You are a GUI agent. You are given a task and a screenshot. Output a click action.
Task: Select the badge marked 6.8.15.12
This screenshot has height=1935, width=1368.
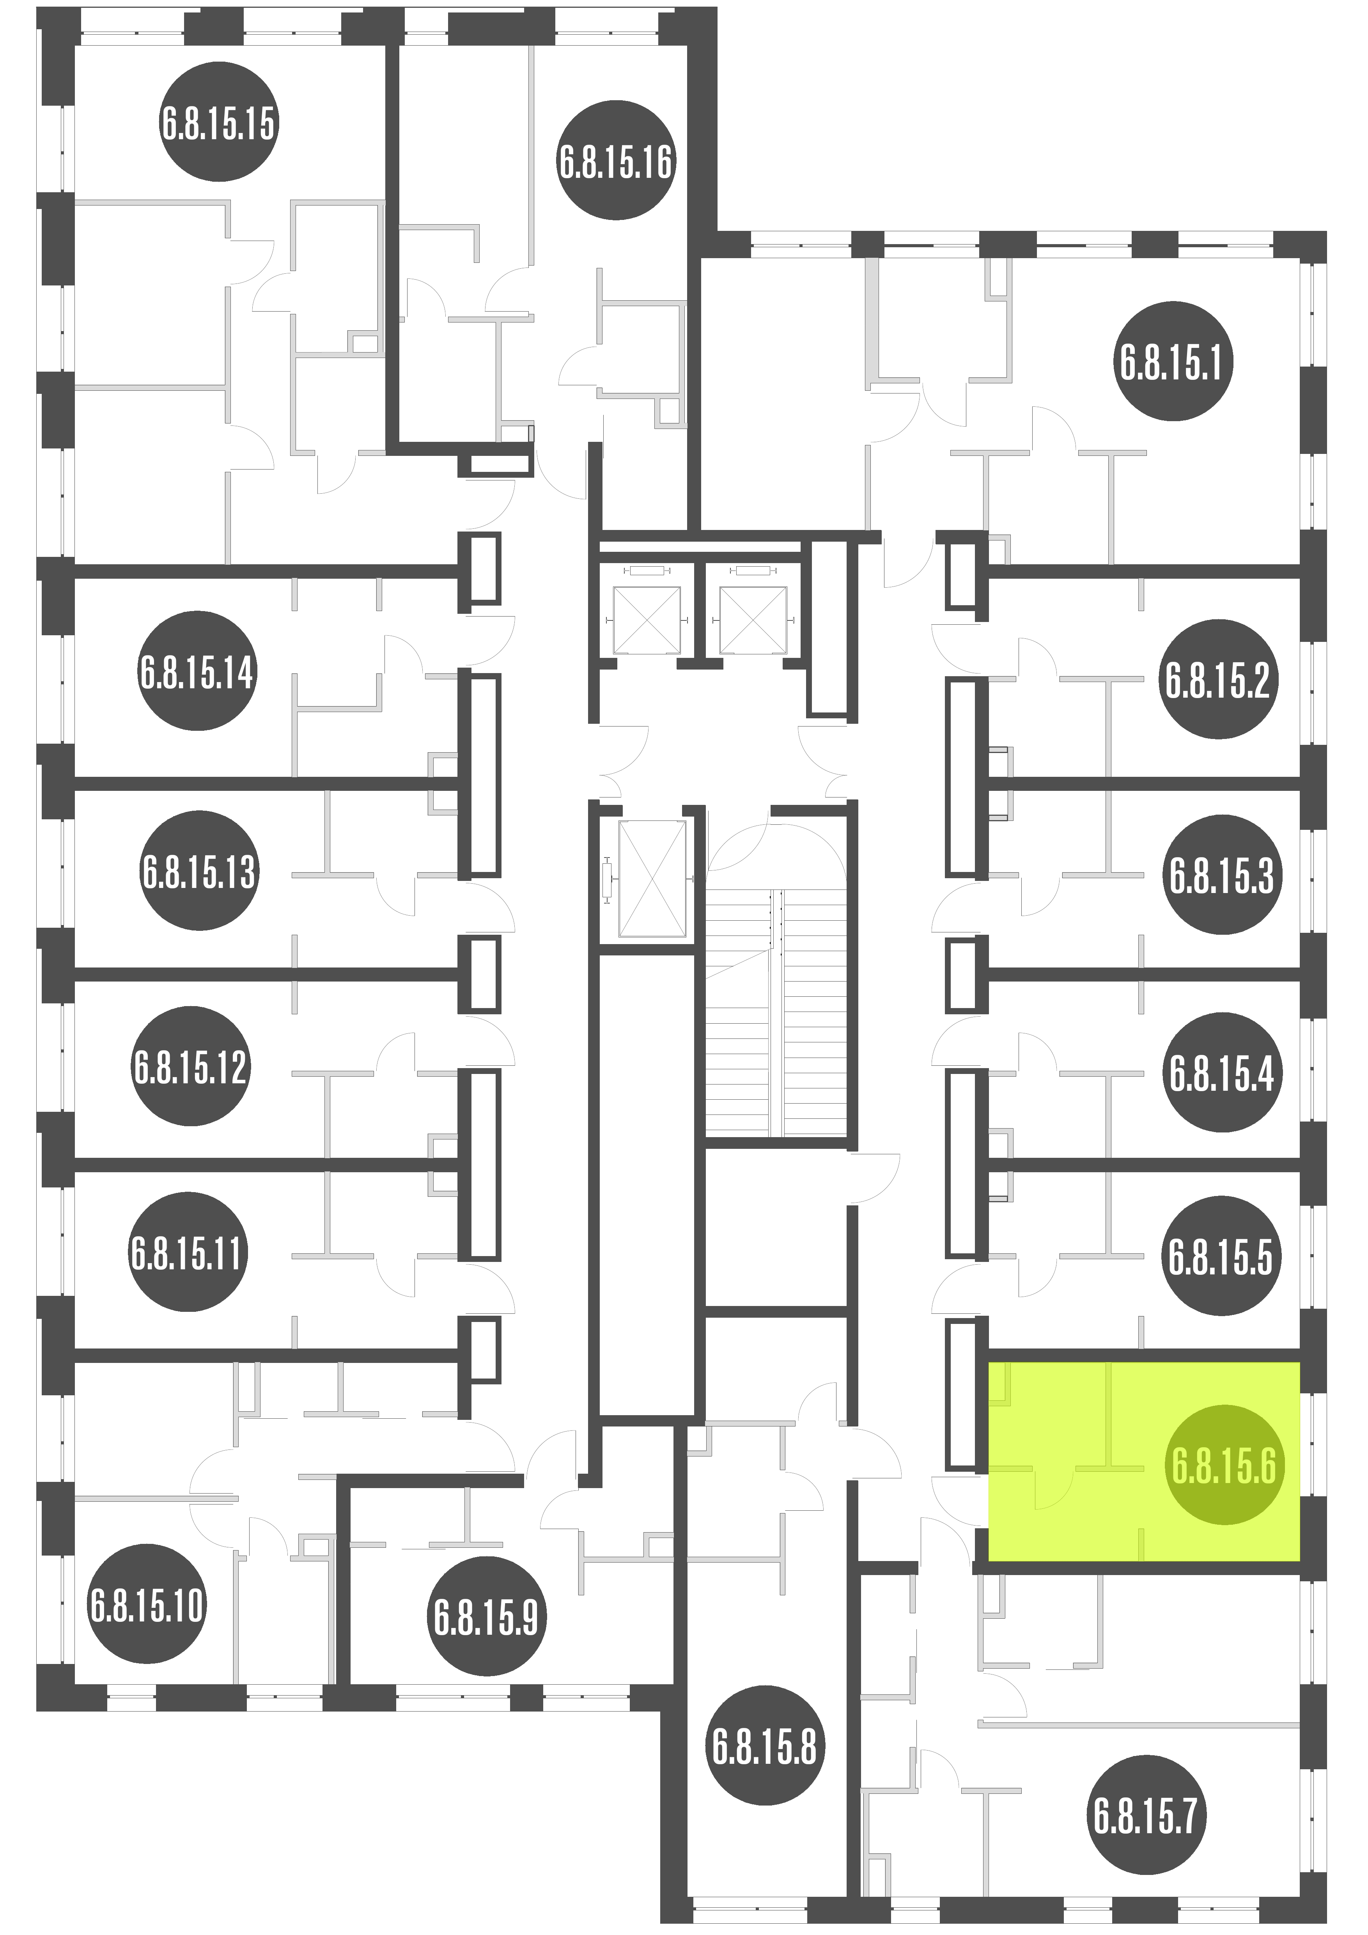(x=190, y=1066)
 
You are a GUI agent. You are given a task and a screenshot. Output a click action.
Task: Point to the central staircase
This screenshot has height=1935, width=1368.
(x=776, y=1011)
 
